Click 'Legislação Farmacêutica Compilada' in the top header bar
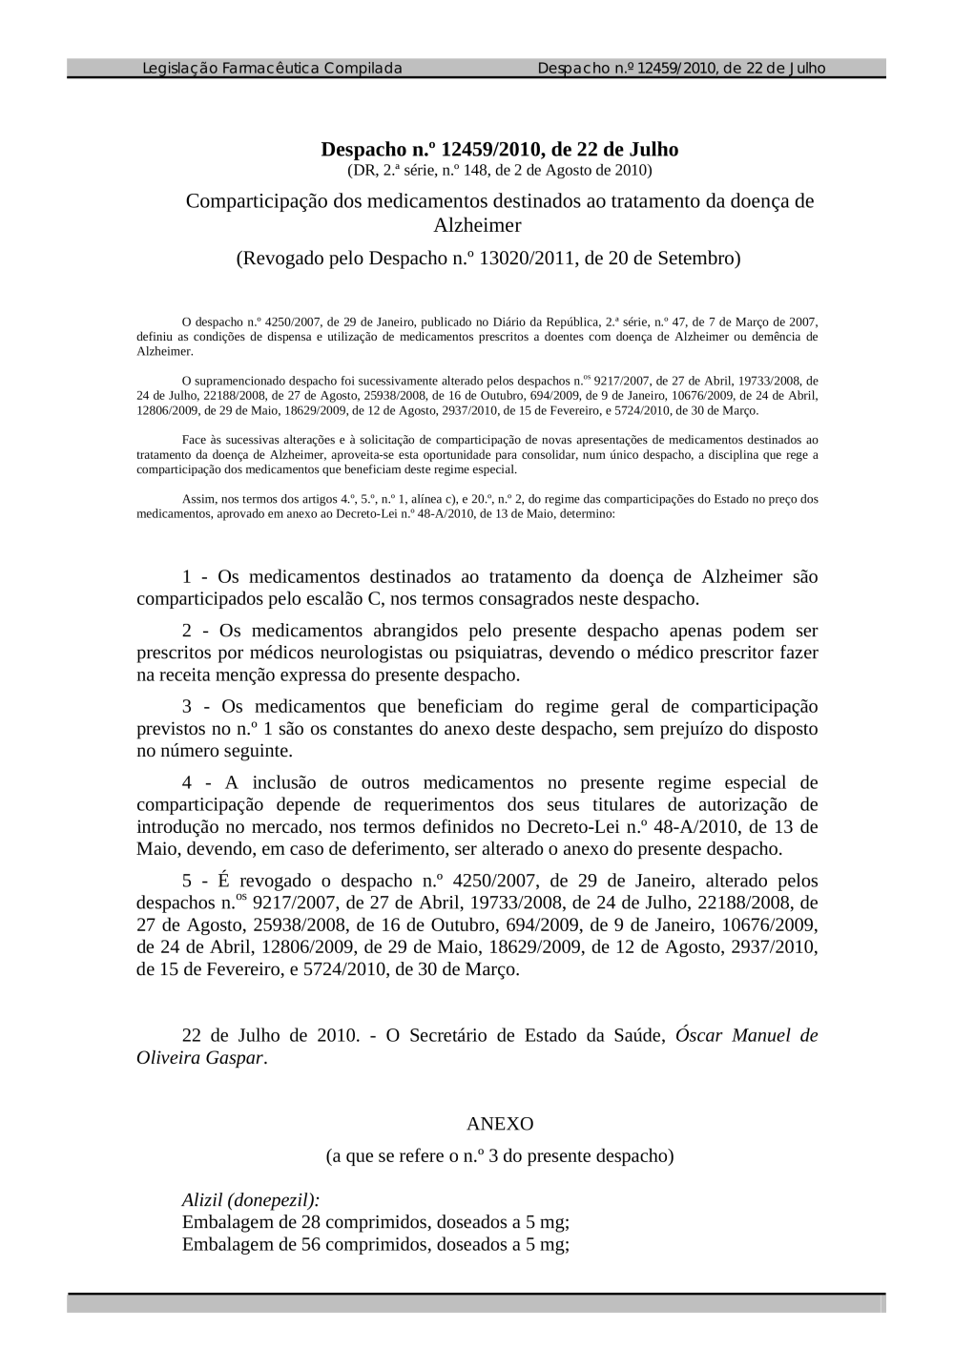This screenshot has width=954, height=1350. (x=272, y=68)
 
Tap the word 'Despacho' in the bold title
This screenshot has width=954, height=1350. (x=363, y=149)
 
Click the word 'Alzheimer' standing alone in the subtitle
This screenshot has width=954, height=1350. (x=477, y=226)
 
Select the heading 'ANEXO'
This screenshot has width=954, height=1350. (x=500, y=1124)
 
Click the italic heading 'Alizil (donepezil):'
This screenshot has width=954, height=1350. (x=251, y=1200)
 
